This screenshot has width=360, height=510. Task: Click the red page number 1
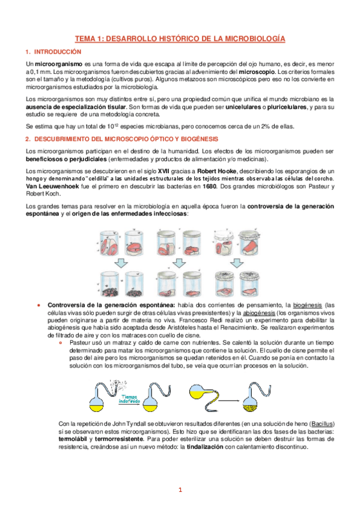click(x=180, y=490)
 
